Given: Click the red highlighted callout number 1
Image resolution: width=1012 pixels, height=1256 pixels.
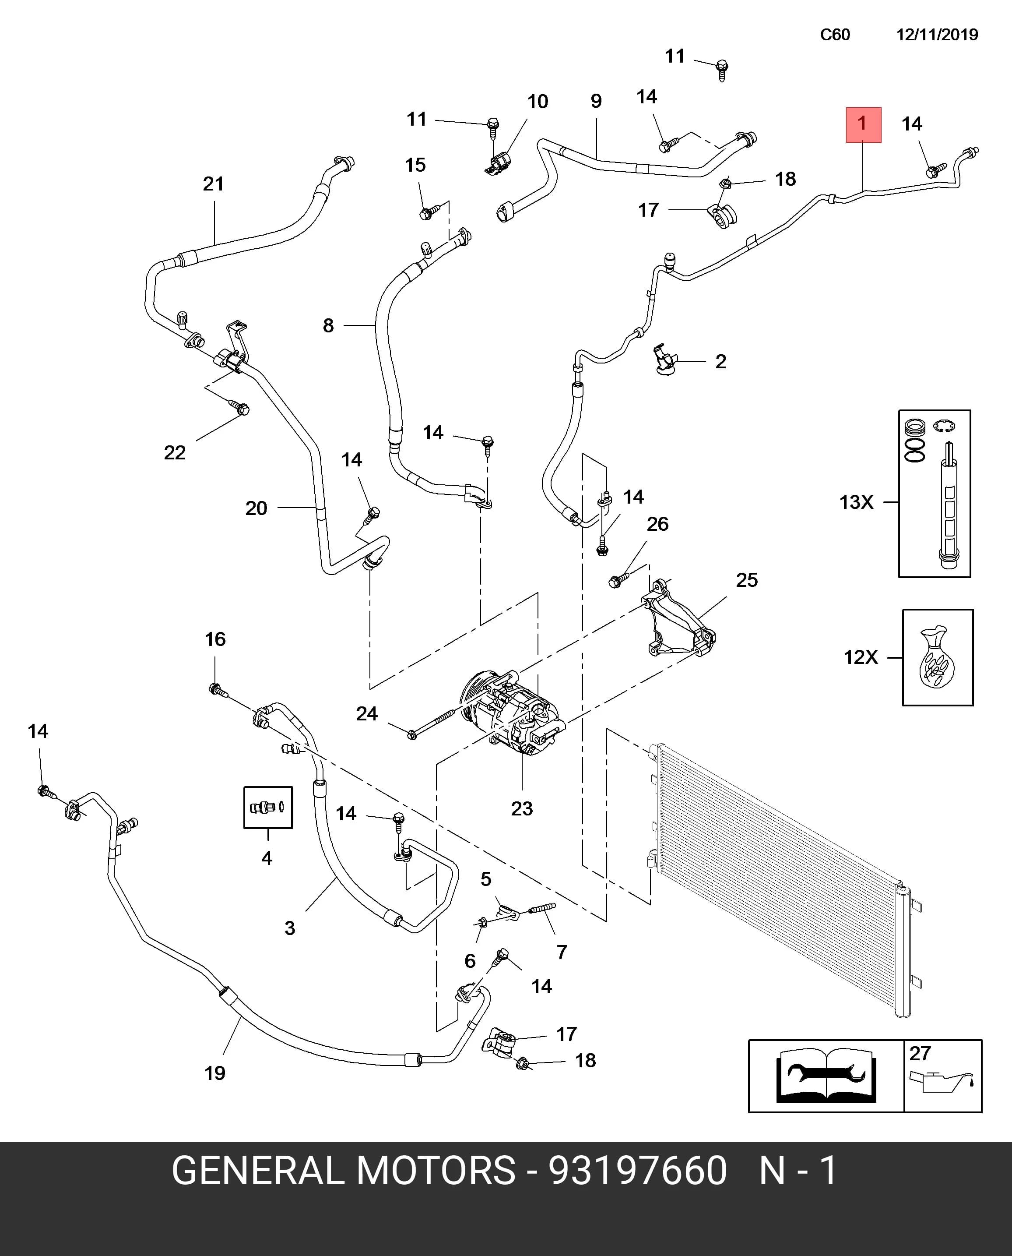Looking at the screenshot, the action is tap(863, 124).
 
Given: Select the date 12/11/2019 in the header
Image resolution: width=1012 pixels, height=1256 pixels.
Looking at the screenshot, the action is tap(937, 35).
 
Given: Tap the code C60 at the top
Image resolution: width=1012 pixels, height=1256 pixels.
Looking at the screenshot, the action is tap(835, 35).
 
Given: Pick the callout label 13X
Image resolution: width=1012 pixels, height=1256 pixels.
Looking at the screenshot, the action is tap(856, 502).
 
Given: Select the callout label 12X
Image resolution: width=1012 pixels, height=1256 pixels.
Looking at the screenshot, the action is tap(861, 657).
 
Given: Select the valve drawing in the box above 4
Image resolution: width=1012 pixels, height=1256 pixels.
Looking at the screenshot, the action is tap(267, 807).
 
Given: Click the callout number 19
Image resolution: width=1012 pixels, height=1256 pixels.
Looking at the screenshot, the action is tap(214, 1073).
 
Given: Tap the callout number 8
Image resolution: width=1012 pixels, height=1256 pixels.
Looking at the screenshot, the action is tap(328, 325).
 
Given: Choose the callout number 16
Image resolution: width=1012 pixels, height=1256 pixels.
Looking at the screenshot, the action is tap(215, 639).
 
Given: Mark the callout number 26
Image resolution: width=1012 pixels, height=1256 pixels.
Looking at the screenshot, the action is tap(657, 524).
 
